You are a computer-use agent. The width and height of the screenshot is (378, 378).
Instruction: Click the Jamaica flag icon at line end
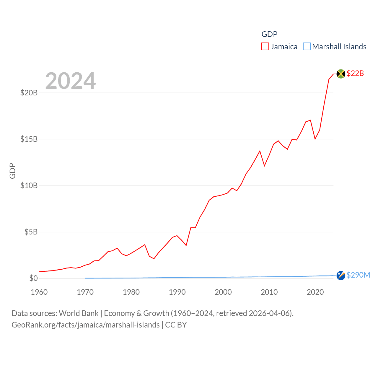[x=341, y=74]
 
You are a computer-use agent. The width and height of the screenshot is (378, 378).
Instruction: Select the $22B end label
[x=355, y=73]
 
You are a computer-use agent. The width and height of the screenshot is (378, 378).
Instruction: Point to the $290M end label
[x=358, y=275]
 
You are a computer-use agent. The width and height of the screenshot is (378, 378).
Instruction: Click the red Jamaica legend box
[x=265, y=47]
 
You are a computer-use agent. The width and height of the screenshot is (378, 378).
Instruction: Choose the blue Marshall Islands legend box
[x=307, y=47]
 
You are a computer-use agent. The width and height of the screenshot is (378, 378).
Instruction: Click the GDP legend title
[x=269, y=34]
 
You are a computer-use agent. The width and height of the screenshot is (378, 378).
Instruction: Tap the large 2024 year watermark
[x=71, y=81]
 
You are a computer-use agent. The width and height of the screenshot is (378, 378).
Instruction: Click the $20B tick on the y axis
[x=29, y=93]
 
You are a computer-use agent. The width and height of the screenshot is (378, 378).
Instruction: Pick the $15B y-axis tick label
[x=29, y=139]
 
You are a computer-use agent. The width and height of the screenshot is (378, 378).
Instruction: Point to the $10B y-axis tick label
[x=29, y=185]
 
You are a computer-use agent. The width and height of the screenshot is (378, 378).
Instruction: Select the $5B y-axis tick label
[x=31, y=232]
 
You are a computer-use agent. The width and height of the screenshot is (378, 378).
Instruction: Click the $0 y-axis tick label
[x=33, y=278]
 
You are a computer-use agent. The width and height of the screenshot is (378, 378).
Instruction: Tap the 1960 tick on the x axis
[x=39, y=292]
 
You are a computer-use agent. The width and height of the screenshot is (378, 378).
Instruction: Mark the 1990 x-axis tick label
[x=177, y=292]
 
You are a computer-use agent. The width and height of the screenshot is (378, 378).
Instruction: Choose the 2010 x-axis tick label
[x=269, y=292]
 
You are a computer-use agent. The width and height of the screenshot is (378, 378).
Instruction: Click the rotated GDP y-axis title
[x=12, y=171]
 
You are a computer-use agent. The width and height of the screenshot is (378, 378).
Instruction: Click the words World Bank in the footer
[x=79, y=313]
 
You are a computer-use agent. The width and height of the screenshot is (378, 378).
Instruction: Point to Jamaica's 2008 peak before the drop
[x=260, y=151]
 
